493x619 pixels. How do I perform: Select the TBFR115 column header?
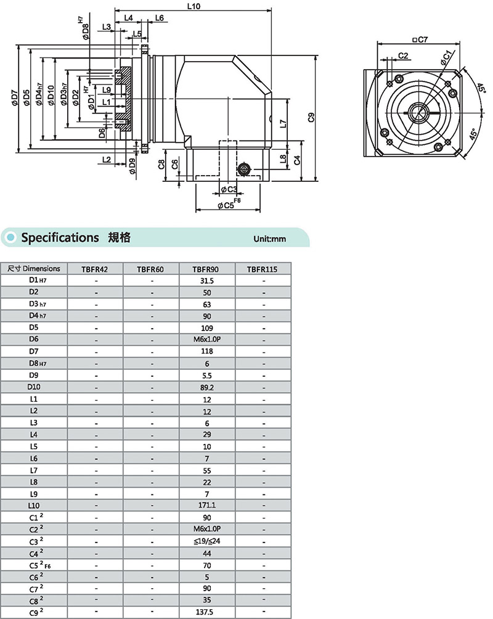click(263, 269)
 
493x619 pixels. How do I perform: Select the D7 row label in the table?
click(33, 351)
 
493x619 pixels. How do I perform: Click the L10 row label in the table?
click(33, 506)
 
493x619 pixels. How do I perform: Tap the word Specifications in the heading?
click(60, 237)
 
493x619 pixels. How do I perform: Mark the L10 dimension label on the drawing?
click(192, 7)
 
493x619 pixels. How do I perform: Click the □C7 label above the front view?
click(420, 40)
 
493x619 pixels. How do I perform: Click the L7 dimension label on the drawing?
click(282, 123)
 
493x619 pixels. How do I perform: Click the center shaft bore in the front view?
click(417, 112)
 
